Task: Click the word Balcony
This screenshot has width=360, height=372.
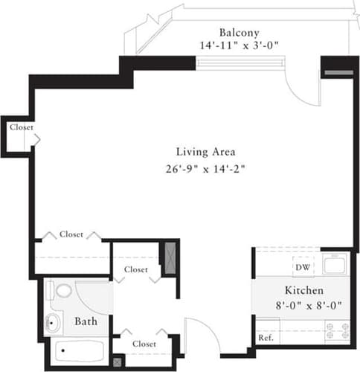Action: (x=239, y=32)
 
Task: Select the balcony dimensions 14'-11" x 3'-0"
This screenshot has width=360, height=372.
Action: (x=239, y=45)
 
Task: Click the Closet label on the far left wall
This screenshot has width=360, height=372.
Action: (x=21, y=127)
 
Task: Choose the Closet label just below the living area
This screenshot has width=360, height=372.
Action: (x=71, y=234)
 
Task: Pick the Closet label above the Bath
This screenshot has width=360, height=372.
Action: (x=136, y=269)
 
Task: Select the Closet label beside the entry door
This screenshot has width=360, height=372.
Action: (x=144, y=344)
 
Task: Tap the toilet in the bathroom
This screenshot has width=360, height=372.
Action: (x=63, y=289)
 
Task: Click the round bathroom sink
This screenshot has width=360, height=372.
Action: (x=54, y=322)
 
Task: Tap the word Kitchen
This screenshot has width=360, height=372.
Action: (x=303, y=289)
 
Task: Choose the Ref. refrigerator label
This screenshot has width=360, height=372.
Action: (x=266, y=338)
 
